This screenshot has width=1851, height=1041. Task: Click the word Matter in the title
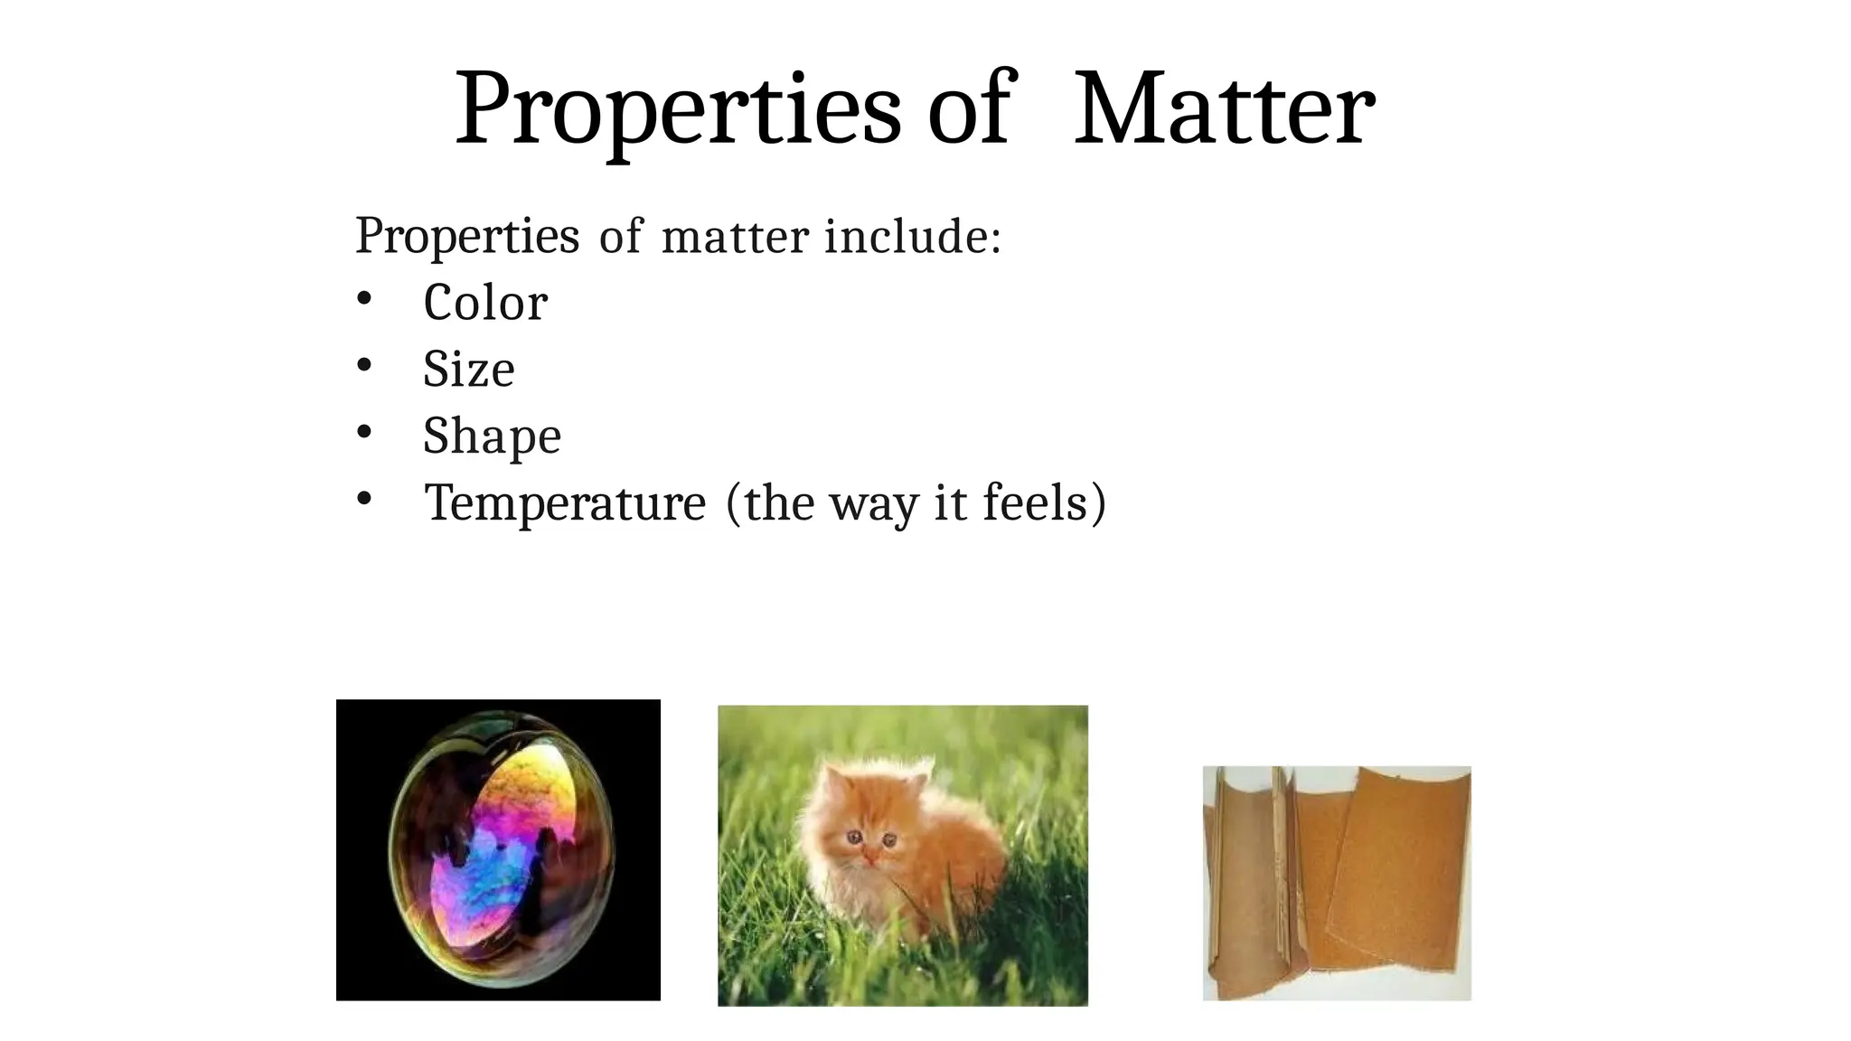coord(1224,110)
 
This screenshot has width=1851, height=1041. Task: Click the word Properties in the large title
coord(678,110)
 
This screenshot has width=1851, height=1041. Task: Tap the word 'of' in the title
coord(968,110)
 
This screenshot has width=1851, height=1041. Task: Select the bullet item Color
coord(485,303)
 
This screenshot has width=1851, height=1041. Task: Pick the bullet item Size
coord(469,370)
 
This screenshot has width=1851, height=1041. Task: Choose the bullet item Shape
coord(492,436)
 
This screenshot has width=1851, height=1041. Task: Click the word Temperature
coord(565,503)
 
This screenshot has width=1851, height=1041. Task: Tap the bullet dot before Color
coord(363,300)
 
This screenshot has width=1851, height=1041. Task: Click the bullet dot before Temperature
coord(363,500)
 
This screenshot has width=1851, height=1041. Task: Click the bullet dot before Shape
coord(363,433)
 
